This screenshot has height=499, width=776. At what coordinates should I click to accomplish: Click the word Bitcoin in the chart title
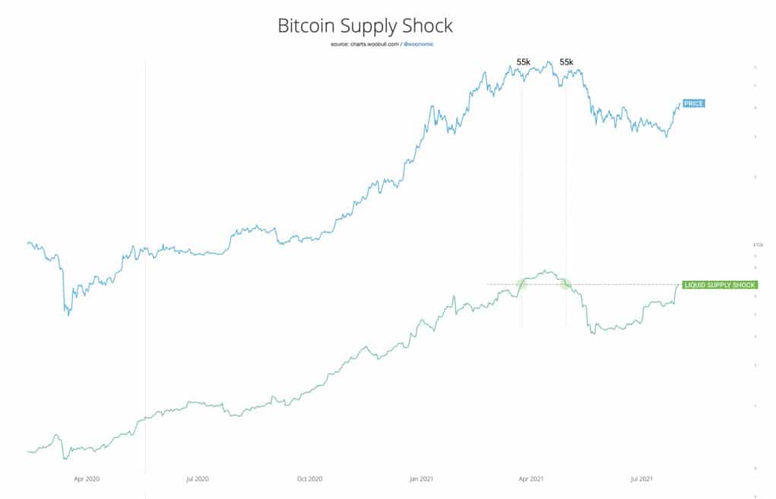pyautogui.click(x=302, y=26)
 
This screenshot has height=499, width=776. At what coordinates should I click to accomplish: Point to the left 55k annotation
pyautogui.click(x=524, y=62)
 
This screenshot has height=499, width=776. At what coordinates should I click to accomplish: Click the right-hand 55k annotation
pyautogui.click(x=566, y=62)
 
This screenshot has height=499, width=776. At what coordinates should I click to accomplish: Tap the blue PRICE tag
pyautogui.click(x=693, y=103)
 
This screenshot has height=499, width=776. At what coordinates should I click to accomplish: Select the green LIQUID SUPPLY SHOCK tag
pyautogui.click(x=719, y=284)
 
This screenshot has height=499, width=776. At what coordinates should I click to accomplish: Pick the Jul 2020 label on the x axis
pyautogui.click(x=197, y=479)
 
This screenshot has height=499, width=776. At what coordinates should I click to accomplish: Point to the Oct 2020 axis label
pyautogui.click(x=309, y=479)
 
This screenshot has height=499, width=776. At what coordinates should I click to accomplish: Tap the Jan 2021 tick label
pyautogui.click(x=421, y=479)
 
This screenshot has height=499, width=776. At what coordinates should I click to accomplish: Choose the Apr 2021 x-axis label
pyautogui.click(x=531, y=479)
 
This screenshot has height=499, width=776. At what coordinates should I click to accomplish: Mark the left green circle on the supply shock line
pyautogui.click(x=522, y=284)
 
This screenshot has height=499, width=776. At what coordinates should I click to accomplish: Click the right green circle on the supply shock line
pyautogui.click(x=565, y=284)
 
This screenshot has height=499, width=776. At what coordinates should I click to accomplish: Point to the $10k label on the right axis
pyautogui.click(x=757, y=245)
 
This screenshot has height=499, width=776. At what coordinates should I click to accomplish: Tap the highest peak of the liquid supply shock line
pyautogui.click(x=545, y=270)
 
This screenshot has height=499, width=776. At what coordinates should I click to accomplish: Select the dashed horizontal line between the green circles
pyautogui.click(x=543, y=284)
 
